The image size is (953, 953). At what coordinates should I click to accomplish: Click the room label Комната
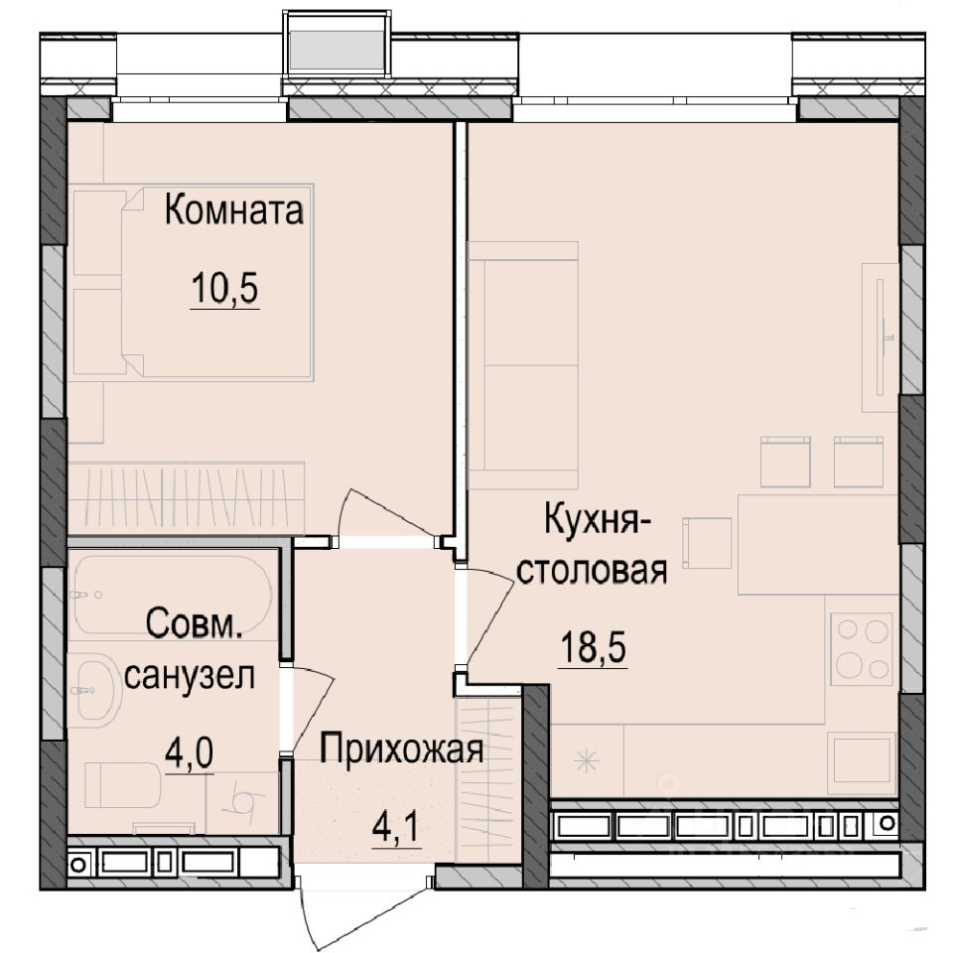coord(233,210)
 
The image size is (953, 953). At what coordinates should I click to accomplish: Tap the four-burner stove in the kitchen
coord(861,648)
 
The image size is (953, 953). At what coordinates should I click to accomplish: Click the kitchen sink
coord(861,762)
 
